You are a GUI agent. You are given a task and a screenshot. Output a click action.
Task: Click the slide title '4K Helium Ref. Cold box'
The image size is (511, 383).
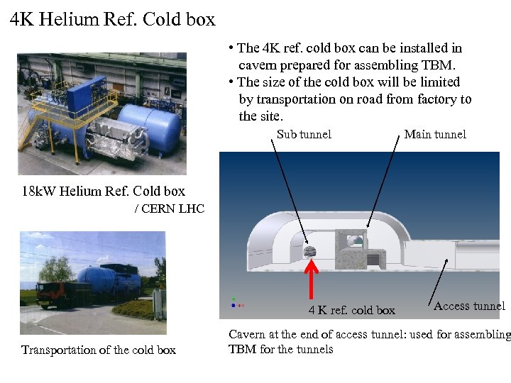click(113, 19)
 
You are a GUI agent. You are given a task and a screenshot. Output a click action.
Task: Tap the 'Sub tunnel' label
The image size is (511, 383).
click(304, 134)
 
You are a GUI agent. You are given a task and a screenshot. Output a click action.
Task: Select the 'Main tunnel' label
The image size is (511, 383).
click(435, 134)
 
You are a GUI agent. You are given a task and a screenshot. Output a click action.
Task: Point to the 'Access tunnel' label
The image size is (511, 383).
click(469, 306)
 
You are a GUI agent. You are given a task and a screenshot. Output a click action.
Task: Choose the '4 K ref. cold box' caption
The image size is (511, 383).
click(351, 310)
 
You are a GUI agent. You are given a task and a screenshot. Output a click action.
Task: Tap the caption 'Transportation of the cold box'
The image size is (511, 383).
click(99, 350)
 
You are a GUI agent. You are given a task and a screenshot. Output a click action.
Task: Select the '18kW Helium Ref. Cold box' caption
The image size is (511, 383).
click(104, 191)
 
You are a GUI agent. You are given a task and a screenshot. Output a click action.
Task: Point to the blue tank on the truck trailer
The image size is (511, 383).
click(106, 279)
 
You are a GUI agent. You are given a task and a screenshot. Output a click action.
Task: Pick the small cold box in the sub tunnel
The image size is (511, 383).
click(309, 251)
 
